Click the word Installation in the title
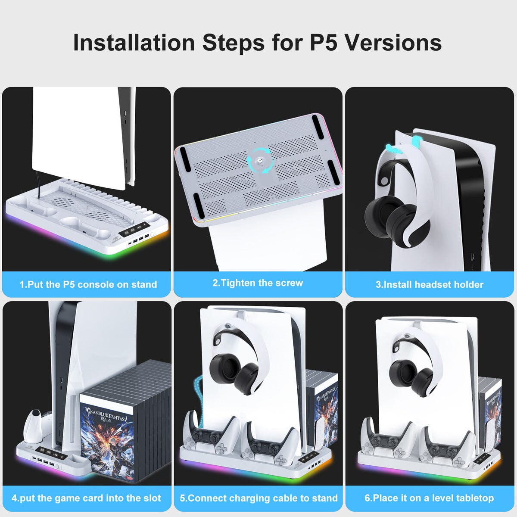tap(134, 43)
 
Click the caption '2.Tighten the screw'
tap(258, 283)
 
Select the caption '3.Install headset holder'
tap(429, 284)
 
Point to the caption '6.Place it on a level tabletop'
tap(429, 498)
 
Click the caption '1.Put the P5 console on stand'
tap(88, 284)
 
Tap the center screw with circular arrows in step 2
tap(259, 161)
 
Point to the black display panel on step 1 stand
tap(132, 230)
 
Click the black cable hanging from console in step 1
tap(38, 185)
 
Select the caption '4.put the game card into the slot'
tap(86, 498)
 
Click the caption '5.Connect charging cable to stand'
tap(258, 498)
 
